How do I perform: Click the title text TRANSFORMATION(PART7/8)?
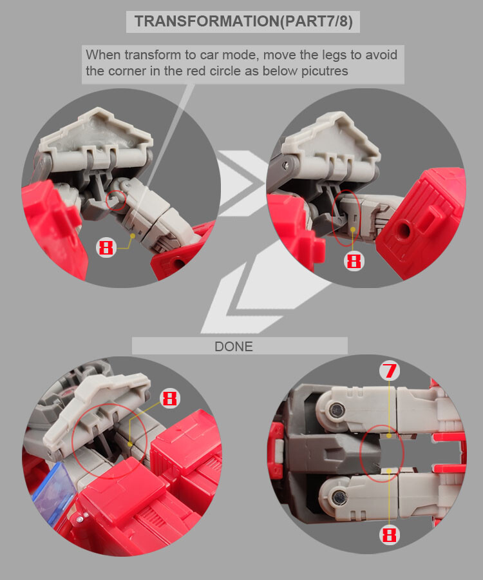point(243,21)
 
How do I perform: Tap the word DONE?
point(234,346)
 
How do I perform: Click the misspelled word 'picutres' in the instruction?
point(325,71)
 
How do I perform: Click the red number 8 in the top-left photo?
point(106,247)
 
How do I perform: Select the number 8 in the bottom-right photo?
point(388,534)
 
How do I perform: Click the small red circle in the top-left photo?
point(117,200)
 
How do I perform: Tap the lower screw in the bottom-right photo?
point(337,496)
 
